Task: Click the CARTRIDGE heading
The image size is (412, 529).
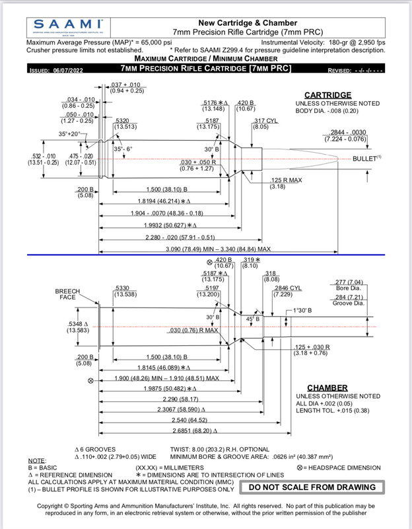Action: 327,95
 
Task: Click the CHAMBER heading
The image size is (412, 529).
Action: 327,388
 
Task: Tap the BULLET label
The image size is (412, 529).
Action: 364,159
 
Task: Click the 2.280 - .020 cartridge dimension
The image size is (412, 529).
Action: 170,237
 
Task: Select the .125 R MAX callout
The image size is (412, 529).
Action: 286,180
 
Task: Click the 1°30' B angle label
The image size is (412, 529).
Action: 303,310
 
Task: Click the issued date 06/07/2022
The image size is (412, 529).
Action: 65,70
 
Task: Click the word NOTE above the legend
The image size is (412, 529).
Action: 37,460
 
